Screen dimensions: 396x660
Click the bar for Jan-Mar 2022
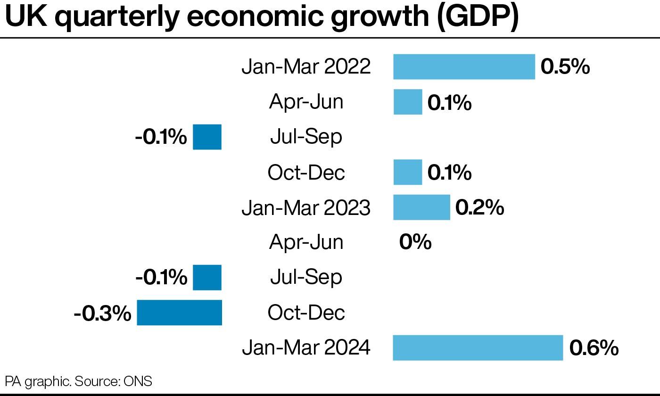click(464, 66)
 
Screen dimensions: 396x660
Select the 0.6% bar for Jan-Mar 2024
click(478, 348)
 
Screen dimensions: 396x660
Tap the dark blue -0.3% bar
click(179, 313)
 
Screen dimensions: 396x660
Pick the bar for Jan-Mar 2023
click(421, 207)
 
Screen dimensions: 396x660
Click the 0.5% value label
click(565, 67)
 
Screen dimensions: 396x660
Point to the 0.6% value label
click(594, 348)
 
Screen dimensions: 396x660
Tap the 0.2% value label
click(479, 208)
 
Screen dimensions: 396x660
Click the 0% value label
click(415, 242)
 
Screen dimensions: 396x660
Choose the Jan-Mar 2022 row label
click(306, 67)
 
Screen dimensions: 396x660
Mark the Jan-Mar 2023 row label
click(306, 208)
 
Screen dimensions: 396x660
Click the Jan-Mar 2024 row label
click(306, 348)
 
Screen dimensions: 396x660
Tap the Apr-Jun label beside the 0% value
click(306, 242)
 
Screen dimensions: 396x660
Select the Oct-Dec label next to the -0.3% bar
click(306, 313)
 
